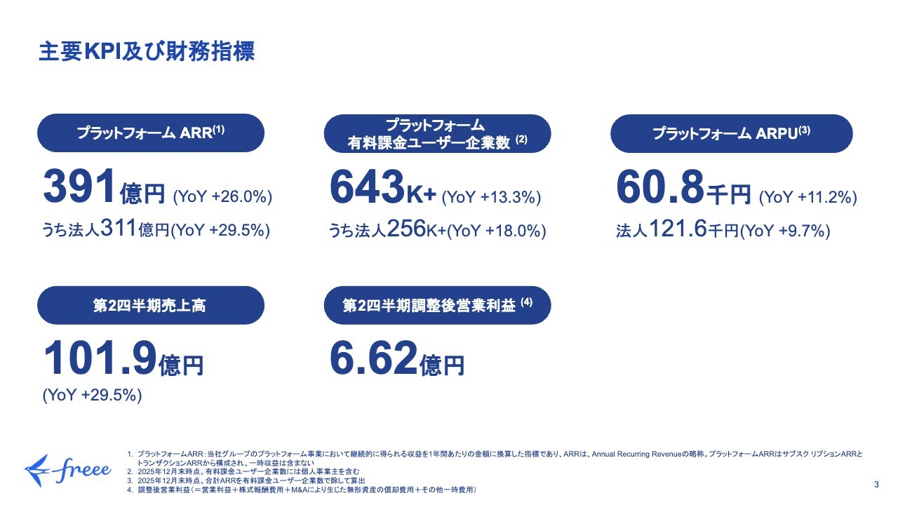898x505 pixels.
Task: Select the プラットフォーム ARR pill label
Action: point(150,133)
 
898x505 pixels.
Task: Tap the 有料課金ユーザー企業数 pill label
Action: point(437,134)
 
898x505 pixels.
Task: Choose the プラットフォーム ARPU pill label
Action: point(731,133)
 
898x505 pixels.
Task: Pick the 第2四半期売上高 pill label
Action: point(150,305)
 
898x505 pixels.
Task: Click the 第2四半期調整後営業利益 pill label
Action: point(437,305)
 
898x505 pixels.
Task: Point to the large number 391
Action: point(79,188)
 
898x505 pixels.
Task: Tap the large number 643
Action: point(366,188)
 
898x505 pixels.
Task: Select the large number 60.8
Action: point(660,188)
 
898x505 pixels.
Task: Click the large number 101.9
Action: point(100,358)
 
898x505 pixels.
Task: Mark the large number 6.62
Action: point(374,358)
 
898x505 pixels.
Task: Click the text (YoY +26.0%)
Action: point(222,196)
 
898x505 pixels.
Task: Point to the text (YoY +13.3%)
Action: point(491,198)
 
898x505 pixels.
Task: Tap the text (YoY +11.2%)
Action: point(808,197)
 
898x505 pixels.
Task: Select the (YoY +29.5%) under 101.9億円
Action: point(93,396)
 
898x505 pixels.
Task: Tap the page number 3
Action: point(876,485)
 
